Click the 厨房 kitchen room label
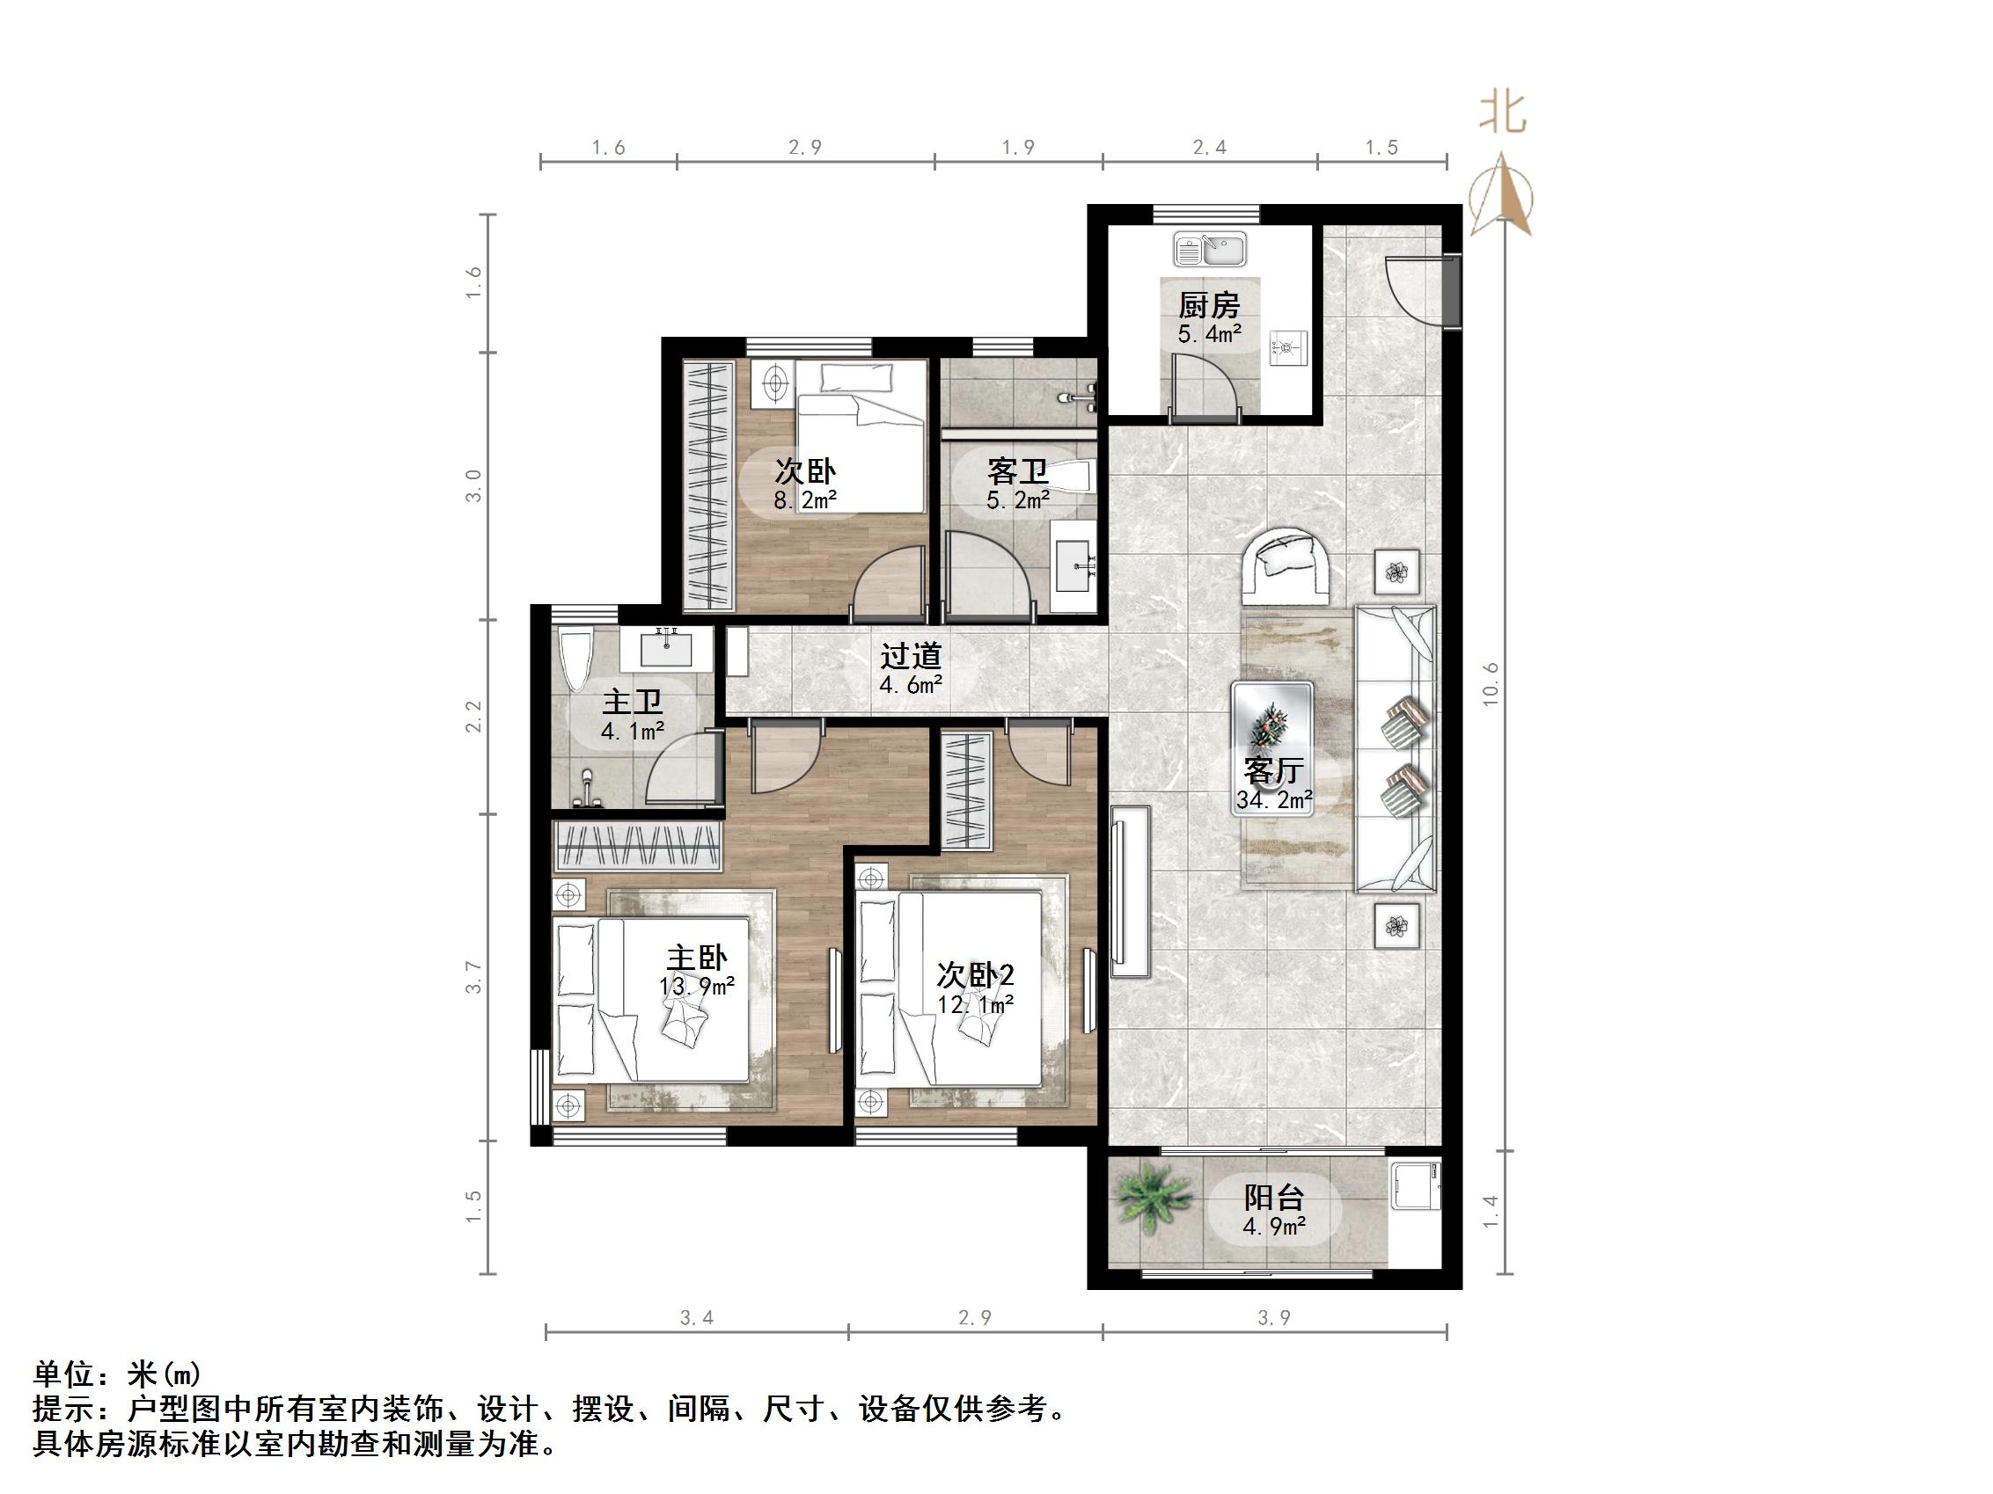tap(1209, 305)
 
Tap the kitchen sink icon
tap(1210, 249)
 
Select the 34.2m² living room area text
tap(1274, 798)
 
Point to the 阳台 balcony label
tap(1274, 1198)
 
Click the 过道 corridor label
tap(911, 657)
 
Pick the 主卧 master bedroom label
tap(697, 958)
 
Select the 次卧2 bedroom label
tap(976, 974)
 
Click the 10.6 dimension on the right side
tap(1491, 683)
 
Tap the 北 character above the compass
tap(1502, 114)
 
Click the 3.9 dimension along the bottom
tap(1274, 1318)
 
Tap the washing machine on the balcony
tap(1416, 1185)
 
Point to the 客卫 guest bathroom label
tap(1017, 471)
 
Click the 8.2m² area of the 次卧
tap(804, 499)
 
